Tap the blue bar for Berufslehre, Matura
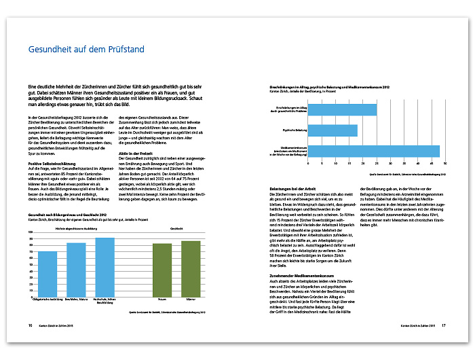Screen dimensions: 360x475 pyautogui.click(x=76, y=269)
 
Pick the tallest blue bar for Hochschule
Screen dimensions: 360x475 pyautogui.click(x=105, y=266)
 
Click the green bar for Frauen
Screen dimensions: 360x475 pyautogui.click(x=163, y=270)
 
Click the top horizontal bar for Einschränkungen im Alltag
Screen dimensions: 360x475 pyautogui.click(x=342, y=109)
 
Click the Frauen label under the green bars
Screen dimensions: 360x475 pyautogui.click(x=163, y=298)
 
